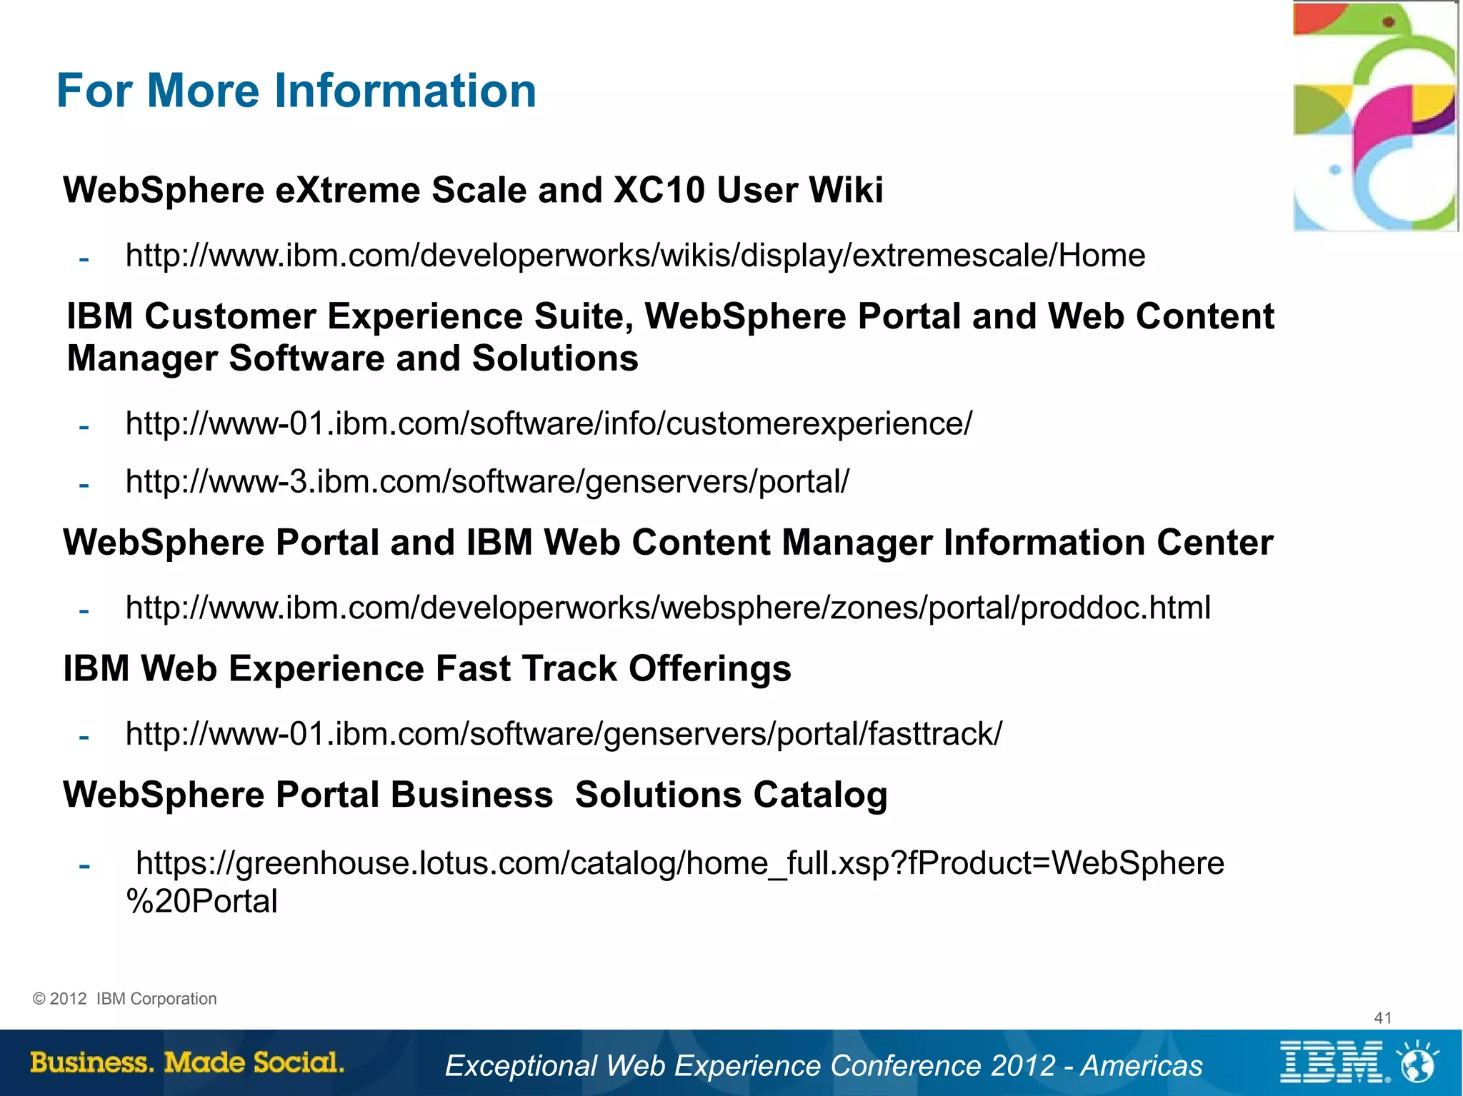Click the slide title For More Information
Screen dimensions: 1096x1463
coord(296,91)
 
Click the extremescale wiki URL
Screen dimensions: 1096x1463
coord(635,256)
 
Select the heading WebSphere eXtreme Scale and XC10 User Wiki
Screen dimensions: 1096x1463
coord(473,191)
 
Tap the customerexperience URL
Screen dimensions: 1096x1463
coord(549,423)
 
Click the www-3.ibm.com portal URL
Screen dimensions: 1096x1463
coord(487,481)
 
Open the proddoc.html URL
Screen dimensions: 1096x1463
coord(668,608)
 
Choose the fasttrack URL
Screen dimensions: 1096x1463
coord(564,734)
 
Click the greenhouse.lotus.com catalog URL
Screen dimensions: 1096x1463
coord(679,863)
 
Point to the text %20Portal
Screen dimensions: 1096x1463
coord(202,902)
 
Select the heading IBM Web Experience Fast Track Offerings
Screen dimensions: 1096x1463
coord(427,669)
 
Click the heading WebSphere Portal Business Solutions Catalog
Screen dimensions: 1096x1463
coord(475,795)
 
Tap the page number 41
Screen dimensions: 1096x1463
coord(1382,1018)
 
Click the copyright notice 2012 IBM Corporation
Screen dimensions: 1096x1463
coord(125,999)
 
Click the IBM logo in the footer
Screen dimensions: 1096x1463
coord(1333,1062)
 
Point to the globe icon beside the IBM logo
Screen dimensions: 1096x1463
coord(1417,1062)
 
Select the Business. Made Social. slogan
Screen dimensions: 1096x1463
coord(187,1062)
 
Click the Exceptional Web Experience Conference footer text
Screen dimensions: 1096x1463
coord(824,1066)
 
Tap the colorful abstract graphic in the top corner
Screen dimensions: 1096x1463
coord(1374,116)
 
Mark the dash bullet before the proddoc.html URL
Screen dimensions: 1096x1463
coord(84,611)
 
